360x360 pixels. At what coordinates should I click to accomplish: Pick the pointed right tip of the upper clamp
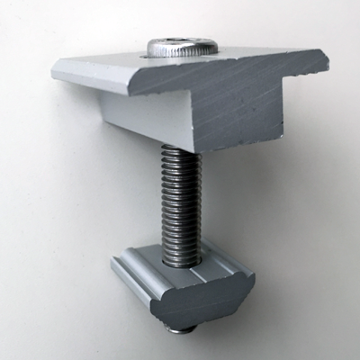326,63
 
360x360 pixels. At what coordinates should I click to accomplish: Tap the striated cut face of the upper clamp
225,103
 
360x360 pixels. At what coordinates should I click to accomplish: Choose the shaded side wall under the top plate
135,117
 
